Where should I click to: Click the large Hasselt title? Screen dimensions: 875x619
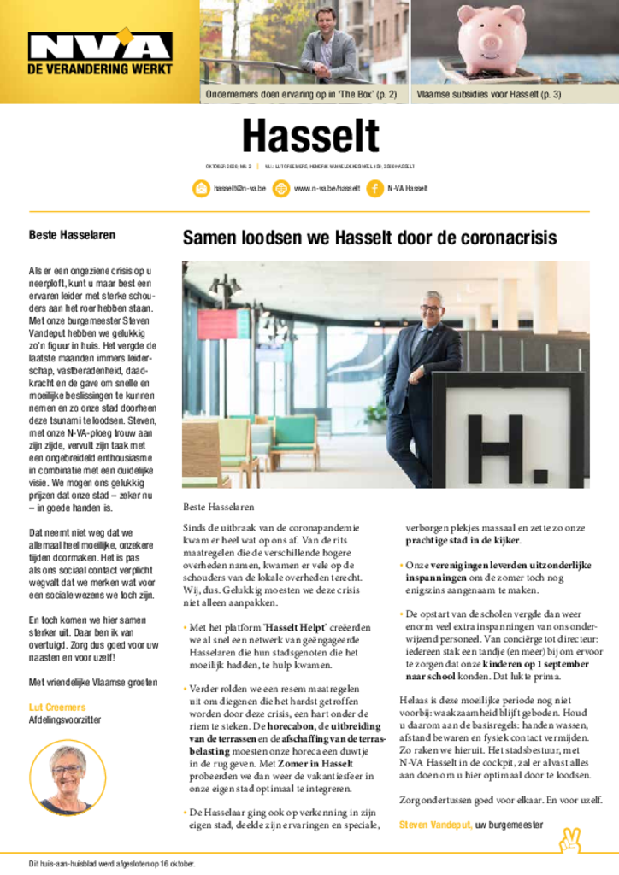point(309,137)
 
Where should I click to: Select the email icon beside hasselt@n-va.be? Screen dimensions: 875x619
point(201,188)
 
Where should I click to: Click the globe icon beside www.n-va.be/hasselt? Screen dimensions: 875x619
point(280,188)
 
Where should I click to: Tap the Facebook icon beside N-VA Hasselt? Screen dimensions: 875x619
point(374,188)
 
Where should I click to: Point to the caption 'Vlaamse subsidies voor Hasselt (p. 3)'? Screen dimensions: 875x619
point(488,94)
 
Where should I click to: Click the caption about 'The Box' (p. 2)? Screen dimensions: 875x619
point(300,94)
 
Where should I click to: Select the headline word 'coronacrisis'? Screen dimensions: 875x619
point(504,238)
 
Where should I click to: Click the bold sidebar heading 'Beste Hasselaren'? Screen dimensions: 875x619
point(72,234)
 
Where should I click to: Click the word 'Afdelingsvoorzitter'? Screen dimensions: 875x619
point(65,720)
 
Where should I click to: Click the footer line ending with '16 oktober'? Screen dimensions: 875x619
point(112,863)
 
